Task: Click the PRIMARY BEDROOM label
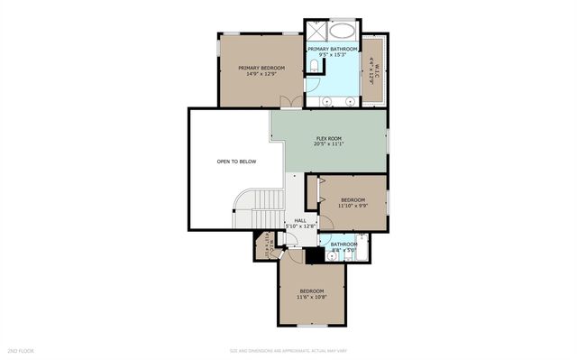(x=261, y=68)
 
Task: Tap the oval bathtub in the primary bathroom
(x=344, y=29)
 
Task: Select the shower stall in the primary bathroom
(x=316, y=29)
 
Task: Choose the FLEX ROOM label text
(x=330, y=136)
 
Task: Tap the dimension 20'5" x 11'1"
(x=330, y=143)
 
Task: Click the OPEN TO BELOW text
(x=236, y=162)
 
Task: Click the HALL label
(x=300, y=220)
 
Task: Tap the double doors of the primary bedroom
(x=287, y=100)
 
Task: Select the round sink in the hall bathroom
(x=333, y=256)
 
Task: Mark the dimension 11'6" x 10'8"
(x=311, y=297)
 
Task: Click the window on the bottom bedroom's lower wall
(x=311, y=326)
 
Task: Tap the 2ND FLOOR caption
(x=21, y=350)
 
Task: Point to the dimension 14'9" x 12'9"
(x=261, y=74)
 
